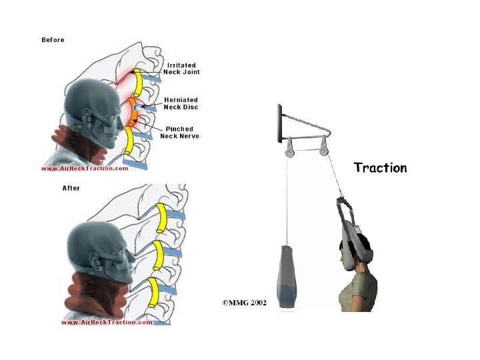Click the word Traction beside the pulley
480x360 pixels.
click(x=380, y=167)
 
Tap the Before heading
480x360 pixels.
click(x=53, y=40)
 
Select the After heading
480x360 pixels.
click(x=71, y=188)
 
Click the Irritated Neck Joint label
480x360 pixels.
click(x=183, y=68)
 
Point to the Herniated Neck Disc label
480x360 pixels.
click(x=181, y=103)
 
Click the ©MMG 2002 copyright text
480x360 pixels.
click(x=243, y=302)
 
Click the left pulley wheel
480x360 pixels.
click(x=289, y=151)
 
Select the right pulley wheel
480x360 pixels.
click(x=323, y=150)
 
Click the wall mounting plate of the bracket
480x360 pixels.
click(x=275, y=123)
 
